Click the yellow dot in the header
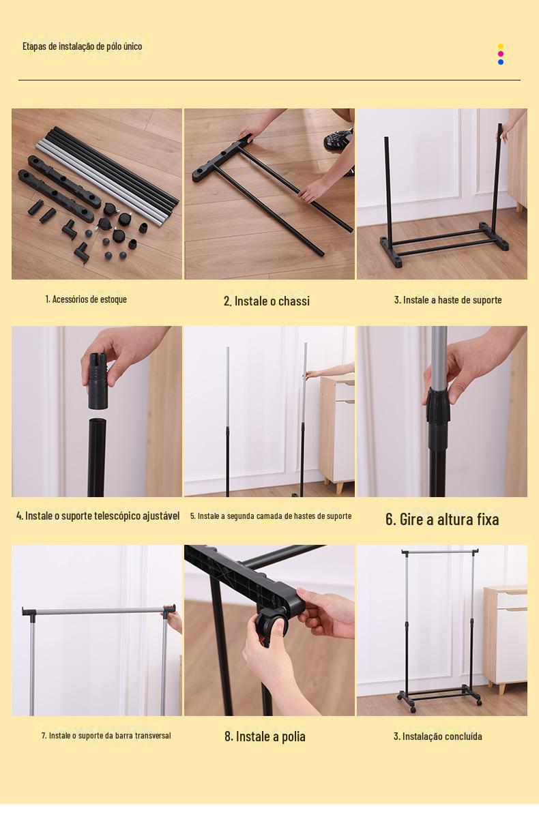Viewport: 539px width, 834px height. click(501, 46)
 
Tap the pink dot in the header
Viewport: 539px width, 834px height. click(501, 54)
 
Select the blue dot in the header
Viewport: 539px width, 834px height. click(501, 62)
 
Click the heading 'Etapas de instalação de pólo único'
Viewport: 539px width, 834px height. click(83, 46)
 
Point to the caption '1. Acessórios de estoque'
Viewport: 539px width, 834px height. click(86, 299)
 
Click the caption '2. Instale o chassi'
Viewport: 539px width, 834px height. click(267, 301)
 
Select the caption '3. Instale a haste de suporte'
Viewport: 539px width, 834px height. click(448, 300)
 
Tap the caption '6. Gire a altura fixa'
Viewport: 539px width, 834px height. click(442, 519)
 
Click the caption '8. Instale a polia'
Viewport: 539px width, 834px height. click(265, 736)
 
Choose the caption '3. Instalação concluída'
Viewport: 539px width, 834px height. click(437, 736)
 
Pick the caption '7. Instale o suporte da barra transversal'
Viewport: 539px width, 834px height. click(106, 735)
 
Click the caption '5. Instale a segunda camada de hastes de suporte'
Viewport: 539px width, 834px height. click(271, 516)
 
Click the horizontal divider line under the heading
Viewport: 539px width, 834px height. click(269, 80)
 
